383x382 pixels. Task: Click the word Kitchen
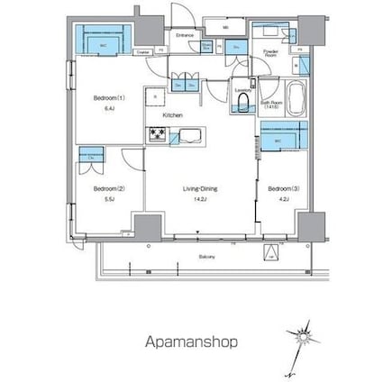pyautogui.click(x=173, y=116)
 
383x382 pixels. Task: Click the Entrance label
pyautogui.click(x=186, y=35)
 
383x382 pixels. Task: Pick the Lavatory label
pyautogui.click(x=242, y=90)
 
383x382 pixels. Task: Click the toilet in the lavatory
pyautogui.click(x=242, y=105)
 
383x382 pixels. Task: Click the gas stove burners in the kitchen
pyautogui.click(x=157, y=136)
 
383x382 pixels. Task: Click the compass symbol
pyautogui.click(x=304, y=339)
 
